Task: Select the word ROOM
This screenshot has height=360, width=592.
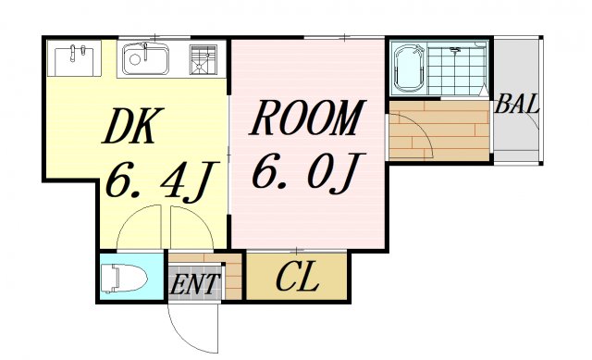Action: (x=305, y=119)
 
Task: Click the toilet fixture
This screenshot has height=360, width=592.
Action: (x=122, y=278)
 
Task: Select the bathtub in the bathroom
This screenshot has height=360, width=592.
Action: (x=408, y=68)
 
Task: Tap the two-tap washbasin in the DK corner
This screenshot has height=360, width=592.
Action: (x=75, y=60)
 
